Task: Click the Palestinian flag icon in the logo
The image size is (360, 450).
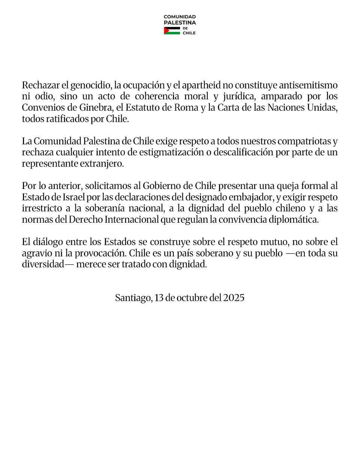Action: pyautogui.click(x=172, y=30)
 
